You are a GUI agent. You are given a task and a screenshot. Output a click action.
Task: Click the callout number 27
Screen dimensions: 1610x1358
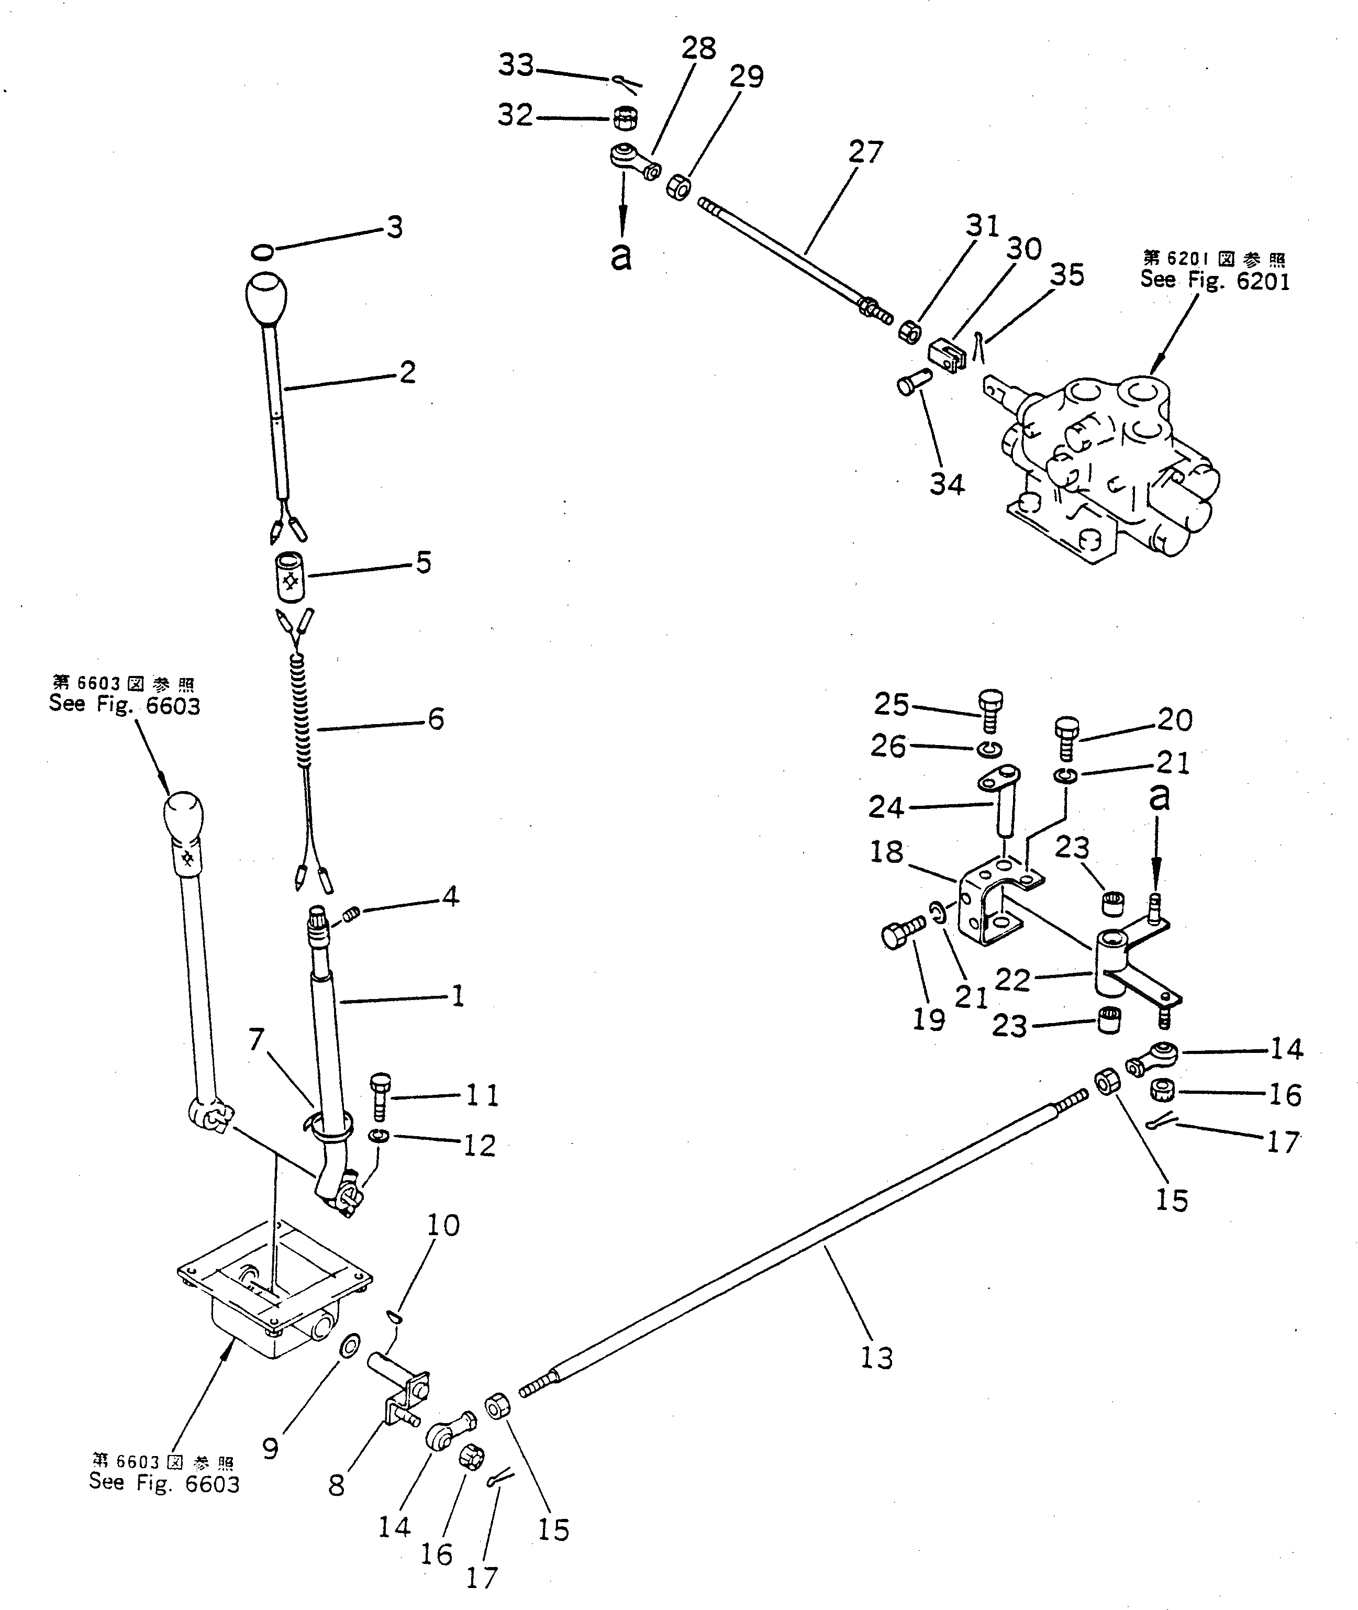865,152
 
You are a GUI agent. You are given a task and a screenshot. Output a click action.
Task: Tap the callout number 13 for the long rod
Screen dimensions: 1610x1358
876,1358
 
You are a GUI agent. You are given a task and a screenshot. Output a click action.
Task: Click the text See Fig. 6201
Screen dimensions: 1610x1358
1214,281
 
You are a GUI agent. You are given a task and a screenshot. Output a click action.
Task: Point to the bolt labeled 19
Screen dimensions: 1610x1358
902,934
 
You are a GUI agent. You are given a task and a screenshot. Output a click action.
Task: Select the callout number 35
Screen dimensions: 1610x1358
1067,275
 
